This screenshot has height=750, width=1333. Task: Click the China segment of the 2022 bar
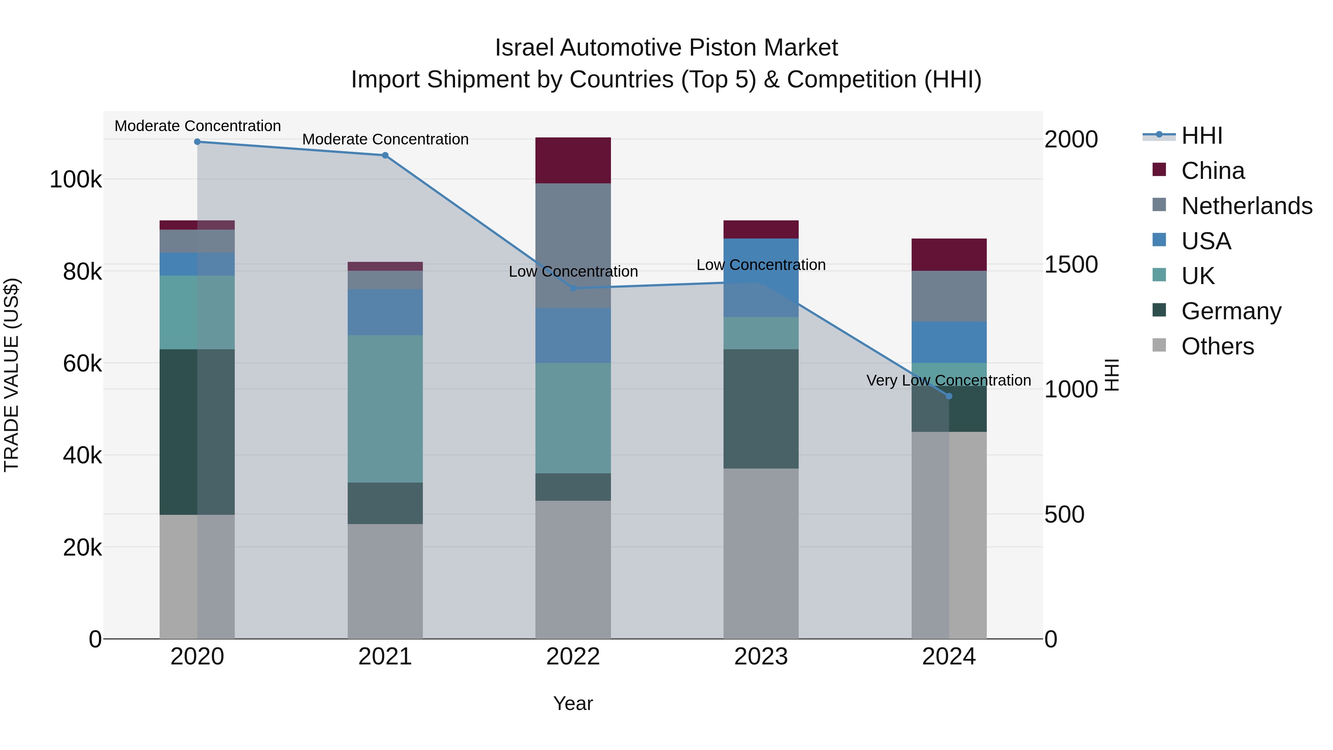[x=573, y=160]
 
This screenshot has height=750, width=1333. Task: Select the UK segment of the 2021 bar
[x=385, y=409]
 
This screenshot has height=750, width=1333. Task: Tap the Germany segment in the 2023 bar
[x=761, y=409]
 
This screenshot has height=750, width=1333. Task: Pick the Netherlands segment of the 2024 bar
[x=949, y=296]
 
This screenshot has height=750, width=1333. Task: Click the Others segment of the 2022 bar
[x=573, y=569]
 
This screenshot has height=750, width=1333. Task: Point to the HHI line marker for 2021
[x=385, y=155]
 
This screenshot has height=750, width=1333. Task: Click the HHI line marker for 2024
[x=949, y=396]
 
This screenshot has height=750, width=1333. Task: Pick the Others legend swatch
[x=1159, y=345]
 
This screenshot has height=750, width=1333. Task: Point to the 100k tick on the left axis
[x=76, y=180]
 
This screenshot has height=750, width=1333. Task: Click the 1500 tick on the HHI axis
[x=1070, y=264]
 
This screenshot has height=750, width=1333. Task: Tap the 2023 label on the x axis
[x=761, y=657]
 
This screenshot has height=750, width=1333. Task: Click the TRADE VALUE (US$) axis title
[x=11, y=375]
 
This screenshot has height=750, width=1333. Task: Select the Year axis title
[x=573, y=703]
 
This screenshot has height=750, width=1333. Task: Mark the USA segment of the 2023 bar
[x=761, y=277]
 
